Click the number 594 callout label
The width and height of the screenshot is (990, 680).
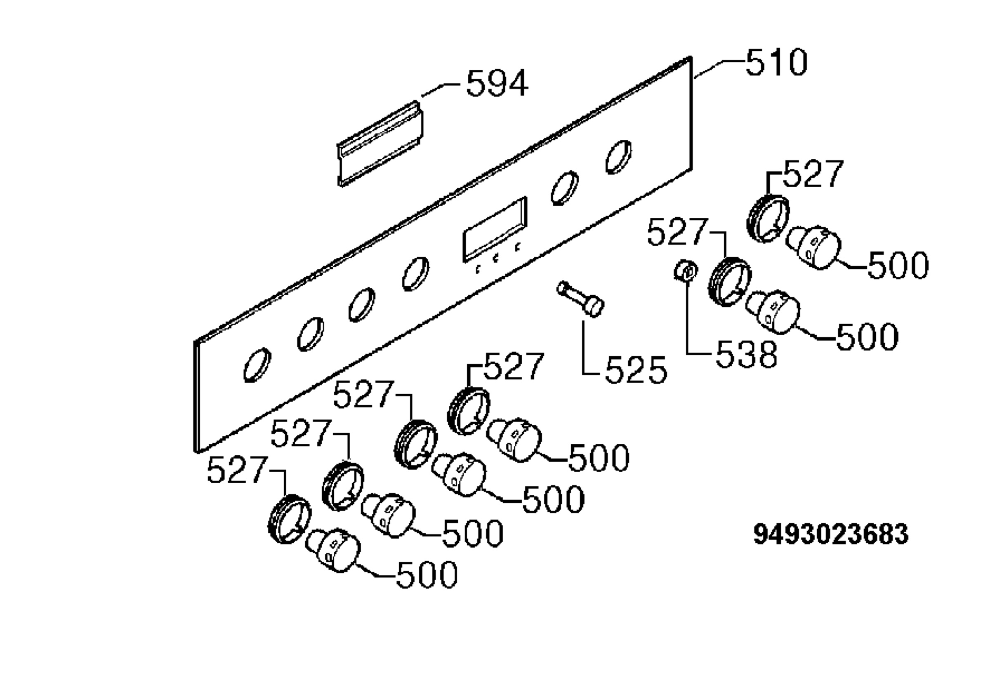[497, 84]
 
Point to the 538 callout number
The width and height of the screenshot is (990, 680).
[746, 355]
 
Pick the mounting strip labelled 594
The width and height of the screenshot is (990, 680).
[380, 144]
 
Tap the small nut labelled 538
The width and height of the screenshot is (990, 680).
[686, 271]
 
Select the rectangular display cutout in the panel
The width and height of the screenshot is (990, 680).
[495, 229]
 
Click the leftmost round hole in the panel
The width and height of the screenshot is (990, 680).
[257, 365]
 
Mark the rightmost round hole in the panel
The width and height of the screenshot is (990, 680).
[618, 157]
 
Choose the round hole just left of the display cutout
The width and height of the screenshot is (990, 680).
[415, 274]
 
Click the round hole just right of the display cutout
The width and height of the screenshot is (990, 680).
[564, 188]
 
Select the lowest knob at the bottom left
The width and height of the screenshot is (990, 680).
[333, 551]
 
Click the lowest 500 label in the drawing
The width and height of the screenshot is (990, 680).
[427, 575]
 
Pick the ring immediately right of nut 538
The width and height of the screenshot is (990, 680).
[730, 282]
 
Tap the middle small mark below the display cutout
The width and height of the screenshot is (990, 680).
[495, 257]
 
